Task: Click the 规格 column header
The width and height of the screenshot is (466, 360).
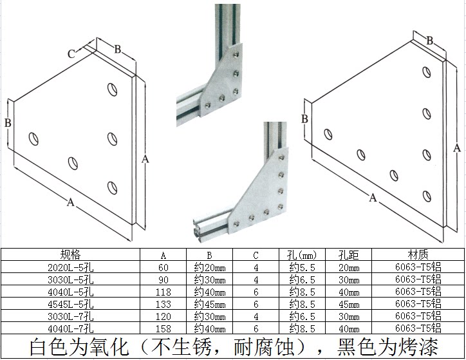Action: point(71,254)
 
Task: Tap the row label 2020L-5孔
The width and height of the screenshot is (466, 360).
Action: point(71,267)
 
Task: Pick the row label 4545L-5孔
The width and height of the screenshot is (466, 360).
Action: point(71,304)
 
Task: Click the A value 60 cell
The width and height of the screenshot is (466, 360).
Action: point(163,267)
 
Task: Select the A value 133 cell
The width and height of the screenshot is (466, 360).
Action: point(163,304)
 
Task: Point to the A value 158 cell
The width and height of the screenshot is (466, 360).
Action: point(163,328)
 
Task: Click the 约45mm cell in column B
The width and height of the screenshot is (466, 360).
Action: point(210,304)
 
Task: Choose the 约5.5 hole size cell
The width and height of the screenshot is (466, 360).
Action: point(302,267)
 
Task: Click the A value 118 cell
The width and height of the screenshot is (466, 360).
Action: point(163,292)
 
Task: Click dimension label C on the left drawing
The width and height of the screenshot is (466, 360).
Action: point(71,54)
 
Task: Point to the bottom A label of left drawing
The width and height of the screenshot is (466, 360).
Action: point(70,202)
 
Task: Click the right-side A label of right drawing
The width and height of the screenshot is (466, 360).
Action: point(457,147)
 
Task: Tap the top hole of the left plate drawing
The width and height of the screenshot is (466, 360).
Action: point(112,87)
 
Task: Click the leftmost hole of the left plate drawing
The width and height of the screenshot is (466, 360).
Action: point(32,137)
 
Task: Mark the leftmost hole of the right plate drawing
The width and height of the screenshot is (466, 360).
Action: point(328,134)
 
